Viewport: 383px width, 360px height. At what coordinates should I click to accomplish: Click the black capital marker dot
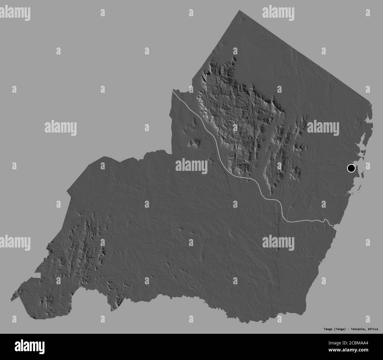[x=351, y=168]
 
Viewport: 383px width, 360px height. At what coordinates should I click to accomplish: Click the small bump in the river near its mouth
[x=325, y=220]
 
